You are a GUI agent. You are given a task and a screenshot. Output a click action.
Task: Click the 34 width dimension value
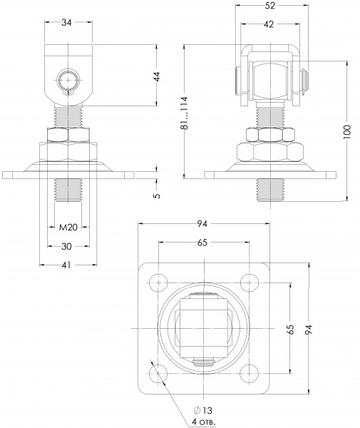(x=68, y=22)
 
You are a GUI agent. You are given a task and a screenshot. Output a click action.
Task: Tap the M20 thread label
(x=68, y=227)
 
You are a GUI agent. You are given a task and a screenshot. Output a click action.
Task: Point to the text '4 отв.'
(x=204, y=422)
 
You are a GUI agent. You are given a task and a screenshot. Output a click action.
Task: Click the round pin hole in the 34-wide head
(x=68, y=78)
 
